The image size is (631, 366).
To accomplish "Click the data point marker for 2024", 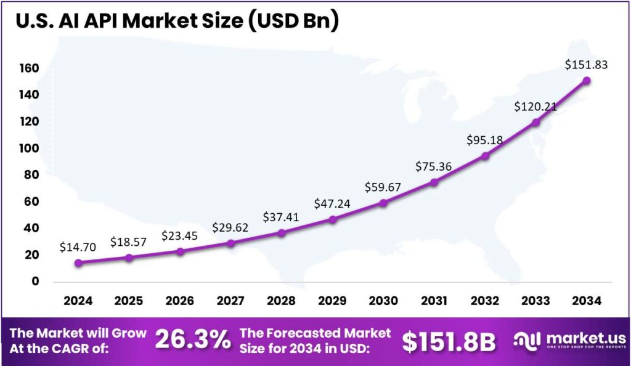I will (x=78, y=262).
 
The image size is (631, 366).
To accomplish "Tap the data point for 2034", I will (x=587, y=81).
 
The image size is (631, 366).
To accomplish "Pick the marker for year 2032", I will (x=486, y=156).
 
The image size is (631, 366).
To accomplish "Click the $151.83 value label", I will (x=587, y=65).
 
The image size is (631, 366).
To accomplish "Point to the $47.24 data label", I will (x=333, y=203).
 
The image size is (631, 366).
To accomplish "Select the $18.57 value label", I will (x=129, y=242).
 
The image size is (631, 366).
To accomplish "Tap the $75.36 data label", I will (x=434, y=166).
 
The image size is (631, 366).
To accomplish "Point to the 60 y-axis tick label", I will (x=32, y=201).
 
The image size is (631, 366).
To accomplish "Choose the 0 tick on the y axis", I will (x=36, y=281).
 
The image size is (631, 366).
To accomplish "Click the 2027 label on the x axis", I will (x=231, y=301).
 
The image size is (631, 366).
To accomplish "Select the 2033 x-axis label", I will (x=535, y=301).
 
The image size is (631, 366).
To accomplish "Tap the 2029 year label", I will (x=333, y=301).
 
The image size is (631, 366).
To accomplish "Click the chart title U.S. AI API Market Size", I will (x=177, y=21).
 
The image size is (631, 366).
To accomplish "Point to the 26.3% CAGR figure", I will (x=193, y=340).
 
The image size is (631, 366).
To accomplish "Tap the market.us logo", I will (x=571, y=341).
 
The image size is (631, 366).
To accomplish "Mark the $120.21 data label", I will (x=535, y=107).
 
